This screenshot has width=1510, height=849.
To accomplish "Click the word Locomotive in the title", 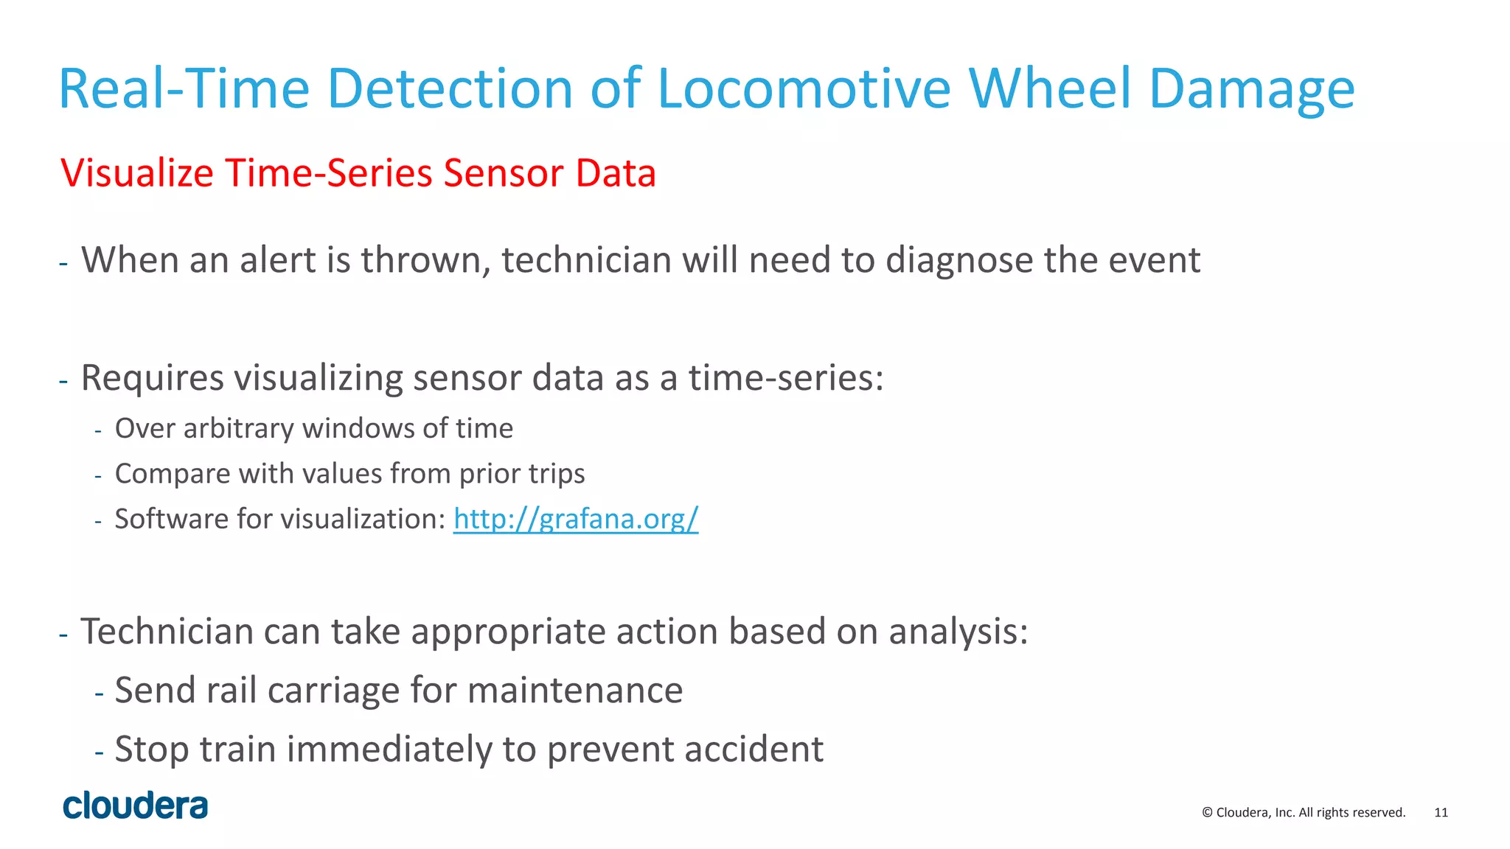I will (803, 88).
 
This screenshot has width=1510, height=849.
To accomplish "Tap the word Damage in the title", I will (1251, 88).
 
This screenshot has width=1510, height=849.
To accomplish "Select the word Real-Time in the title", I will (184, 88).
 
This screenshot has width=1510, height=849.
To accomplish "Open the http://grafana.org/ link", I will (575, 519).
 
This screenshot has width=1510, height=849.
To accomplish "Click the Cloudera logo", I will (136, 806).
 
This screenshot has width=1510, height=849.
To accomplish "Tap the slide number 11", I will (1441, 812).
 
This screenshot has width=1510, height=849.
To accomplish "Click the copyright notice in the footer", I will (1304, 812).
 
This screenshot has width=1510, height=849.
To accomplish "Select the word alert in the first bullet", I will (280, 260).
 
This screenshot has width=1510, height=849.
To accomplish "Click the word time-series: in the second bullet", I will (786, 378).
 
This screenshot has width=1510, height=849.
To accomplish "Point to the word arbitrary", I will (238, 428).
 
